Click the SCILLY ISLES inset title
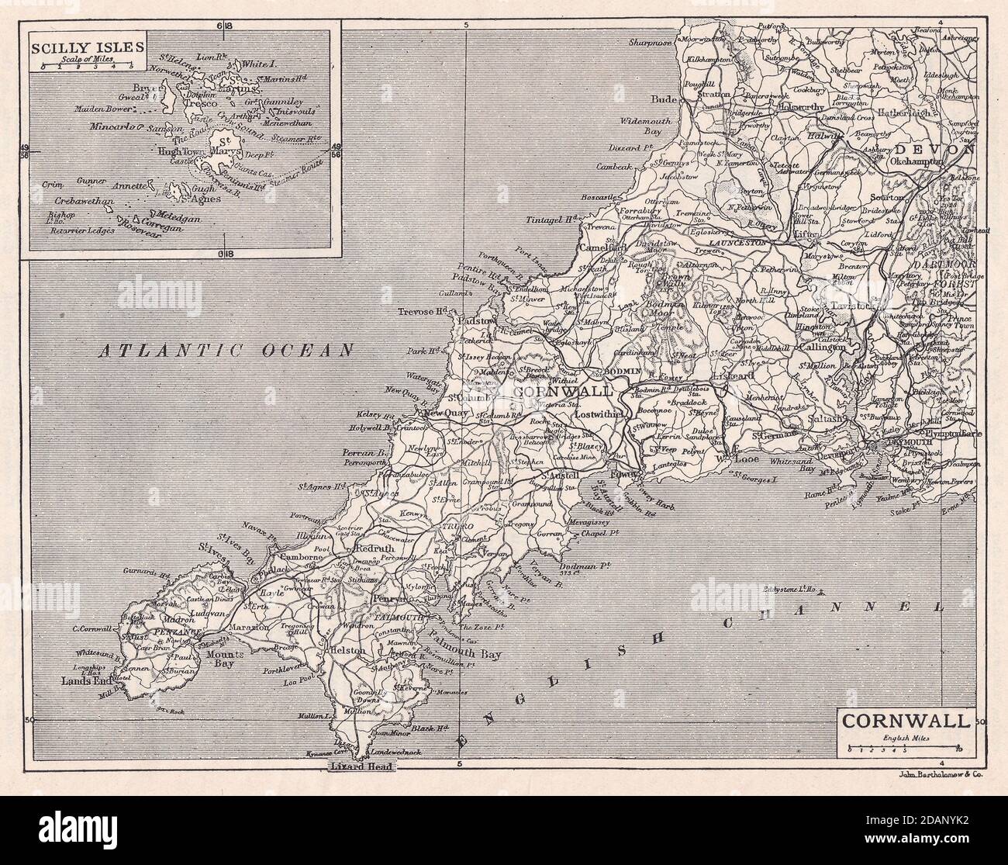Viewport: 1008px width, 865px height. tap(87, 45)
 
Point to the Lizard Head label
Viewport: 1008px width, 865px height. tap(357, 766)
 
